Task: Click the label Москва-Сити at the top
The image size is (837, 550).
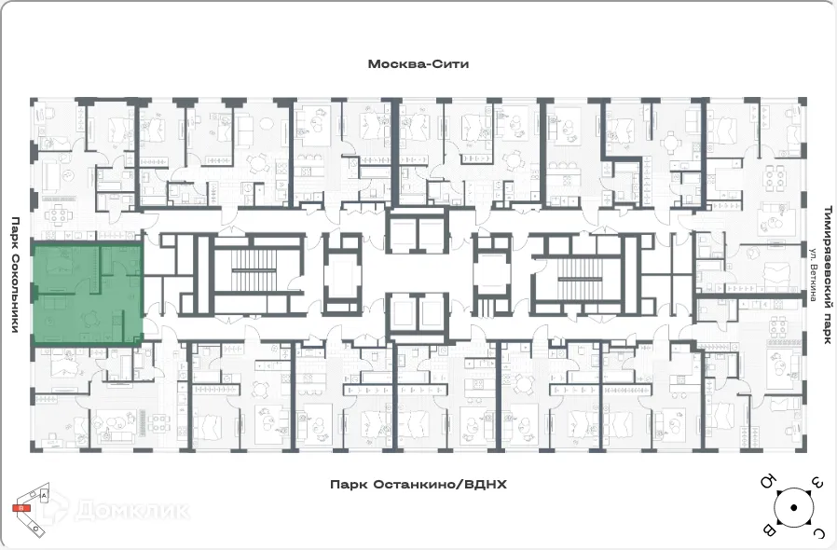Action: (418, 64)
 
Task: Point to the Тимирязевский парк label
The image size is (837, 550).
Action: (826, 276)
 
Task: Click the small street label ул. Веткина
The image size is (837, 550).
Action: (813, 276)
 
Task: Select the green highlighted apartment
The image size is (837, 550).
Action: (88, 294)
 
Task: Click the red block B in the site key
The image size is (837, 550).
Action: (20, 509)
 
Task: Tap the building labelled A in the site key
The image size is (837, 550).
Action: (44, 497)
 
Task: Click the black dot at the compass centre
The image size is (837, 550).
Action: (792, 508)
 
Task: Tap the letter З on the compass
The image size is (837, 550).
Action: (816, 483)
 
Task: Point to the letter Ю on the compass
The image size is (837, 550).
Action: (768, 483)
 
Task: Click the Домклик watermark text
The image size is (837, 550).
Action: (130, 510)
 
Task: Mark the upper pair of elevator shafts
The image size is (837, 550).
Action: (417, 231)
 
